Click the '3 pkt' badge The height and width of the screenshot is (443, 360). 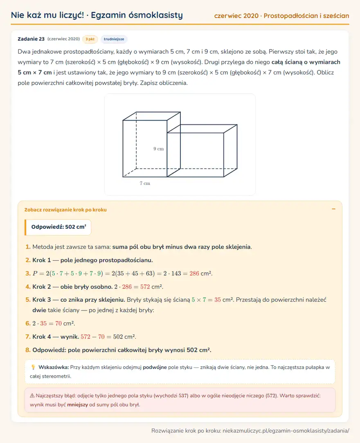click(90, 39)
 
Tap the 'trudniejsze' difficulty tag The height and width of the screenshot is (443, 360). click(114, 39)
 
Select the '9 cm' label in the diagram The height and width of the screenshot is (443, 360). click(159, 149)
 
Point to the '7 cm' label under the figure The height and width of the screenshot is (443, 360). click(145, 183)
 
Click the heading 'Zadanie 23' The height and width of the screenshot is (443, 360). click(31, 39)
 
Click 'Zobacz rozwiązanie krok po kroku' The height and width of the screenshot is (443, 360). click(65, 210)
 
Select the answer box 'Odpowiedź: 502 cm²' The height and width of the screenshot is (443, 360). click(58, 227)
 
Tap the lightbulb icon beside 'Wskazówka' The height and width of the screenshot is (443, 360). click(33, 367)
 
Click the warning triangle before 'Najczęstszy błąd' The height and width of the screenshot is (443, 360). click(32, 396)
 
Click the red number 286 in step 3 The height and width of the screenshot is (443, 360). click(194, 273)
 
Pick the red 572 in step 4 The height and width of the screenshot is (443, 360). click(145, 287)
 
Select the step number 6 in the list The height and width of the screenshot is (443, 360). click(28, 323)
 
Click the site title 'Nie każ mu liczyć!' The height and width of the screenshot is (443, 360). click(47, 15)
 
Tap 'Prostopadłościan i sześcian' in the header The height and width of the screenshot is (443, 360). click(306, 16)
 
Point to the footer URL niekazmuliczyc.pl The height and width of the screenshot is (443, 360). click(286, 431)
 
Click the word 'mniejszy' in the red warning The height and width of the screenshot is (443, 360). click(77, 405)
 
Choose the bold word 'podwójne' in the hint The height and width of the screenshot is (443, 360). click(155, 367)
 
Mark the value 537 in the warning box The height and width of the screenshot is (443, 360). click(183, 396)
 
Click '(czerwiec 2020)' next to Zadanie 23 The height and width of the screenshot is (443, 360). click(64, 39)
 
